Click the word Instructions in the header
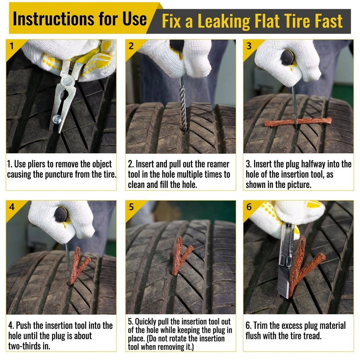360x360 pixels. pyautogui.click(x=53, y=19)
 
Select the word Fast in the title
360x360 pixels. pyautogui.click(x=329, y=21)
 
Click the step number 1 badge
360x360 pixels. pyautogui.click(x=12, y=46)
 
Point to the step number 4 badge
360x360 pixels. pyautogui.click(x=12, y=207)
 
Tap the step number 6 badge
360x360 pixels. pyautogui.click(x=249, y=207)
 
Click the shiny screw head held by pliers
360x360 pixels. pyautogui.click(x=57, y=119)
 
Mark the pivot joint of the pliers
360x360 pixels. pyautogui.click(x=68, y=81)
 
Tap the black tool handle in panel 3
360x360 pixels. pyautogui.click(x=287, y=57)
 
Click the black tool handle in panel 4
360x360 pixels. pyautogui.click(x=61, y=214)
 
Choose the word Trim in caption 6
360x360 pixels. pyautogui.click(x=261, y=326)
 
